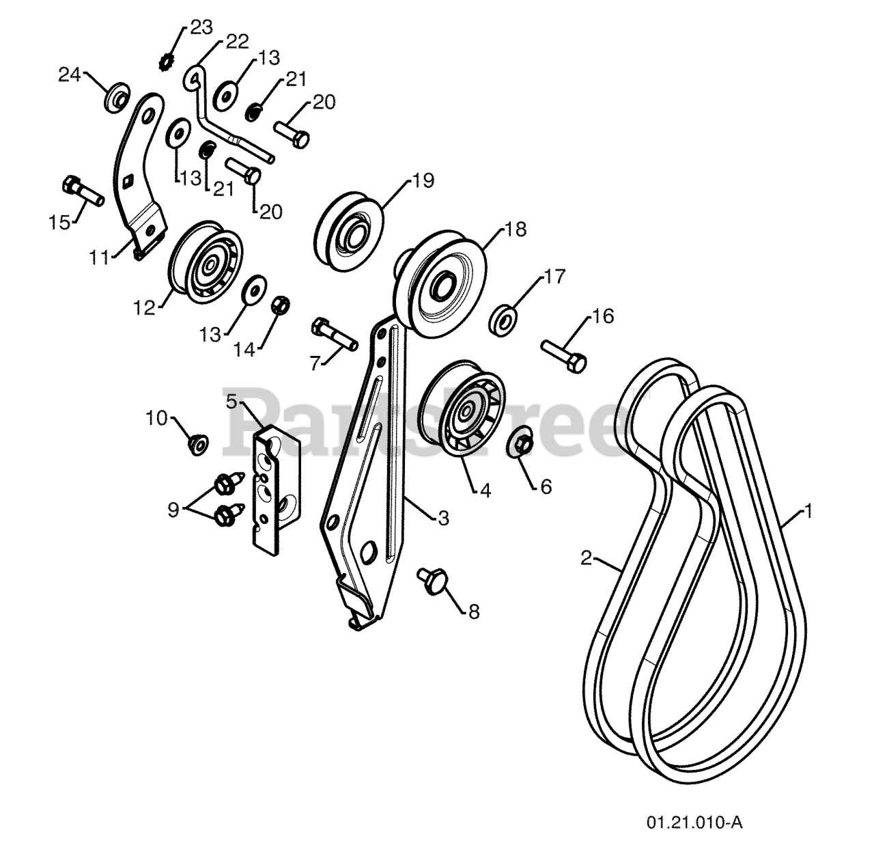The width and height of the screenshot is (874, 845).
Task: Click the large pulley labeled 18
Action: pos(442,280)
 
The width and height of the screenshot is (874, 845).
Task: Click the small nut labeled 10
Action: pos(198,445)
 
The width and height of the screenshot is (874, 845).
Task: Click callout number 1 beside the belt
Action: pos(808,510)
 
